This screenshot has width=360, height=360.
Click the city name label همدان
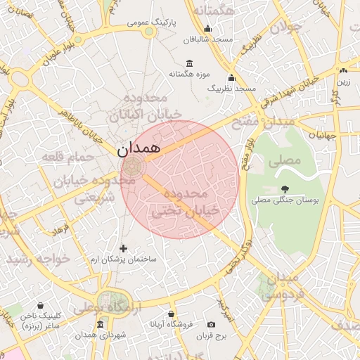(x=139, y=148)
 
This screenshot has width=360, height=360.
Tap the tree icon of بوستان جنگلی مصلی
(x=285, y=188)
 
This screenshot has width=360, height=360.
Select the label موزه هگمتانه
(x=186, y=74)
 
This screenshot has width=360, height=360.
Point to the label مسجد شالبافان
(x=208, y=40)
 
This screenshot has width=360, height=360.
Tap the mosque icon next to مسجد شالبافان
(x=207, y=29)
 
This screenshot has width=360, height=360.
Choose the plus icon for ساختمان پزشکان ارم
(x=124, y=248)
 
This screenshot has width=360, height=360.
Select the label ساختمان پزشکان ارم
(x=132, y=260)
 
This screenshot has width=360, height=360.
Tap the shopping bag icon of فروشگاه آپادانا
(x=169, y=314)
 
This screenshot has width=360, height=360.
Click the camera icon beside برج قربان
(x=211, y=325)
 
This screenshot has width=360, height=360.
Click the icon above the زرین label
(x=343, y=70)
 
